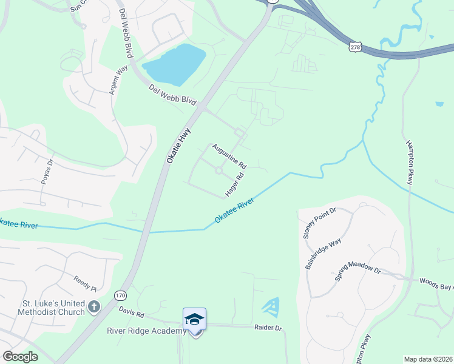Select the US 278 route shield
(x=356, y=47)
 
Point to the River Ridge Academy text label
(x=146, y=331)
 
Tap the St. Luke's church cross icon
(x=93, y=307)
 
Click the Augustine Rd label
(x=229, y=156)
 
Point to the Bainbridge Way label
(x=324, y=254)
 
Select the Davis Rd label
(x=131, y=314)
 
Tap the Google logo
(x=20, y=357)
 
